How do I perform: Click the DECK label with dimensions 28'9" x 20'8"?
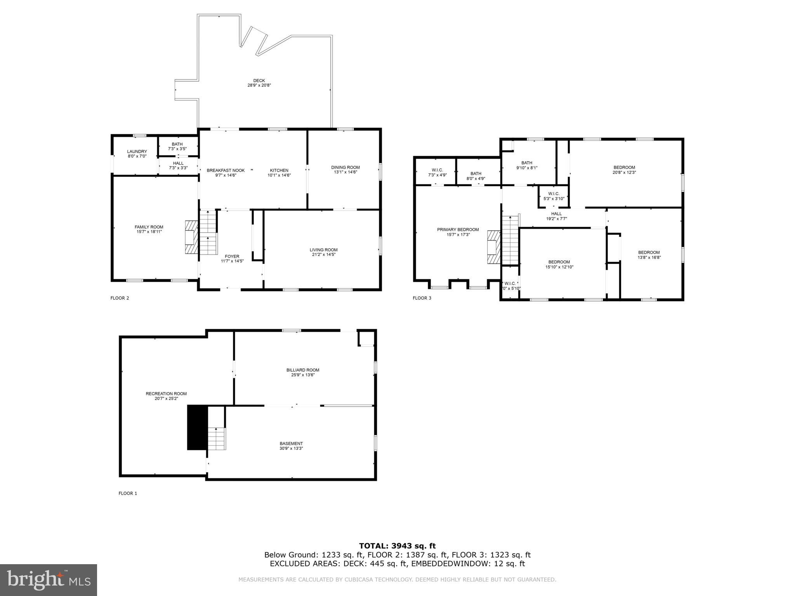point(259,83)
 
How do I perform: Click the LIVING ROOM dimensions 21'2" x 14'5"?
point(323,255)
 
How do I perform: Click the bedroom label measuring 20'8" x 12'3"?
point(624,170)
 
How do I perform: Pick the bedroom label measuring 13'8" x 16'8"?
point(649,255)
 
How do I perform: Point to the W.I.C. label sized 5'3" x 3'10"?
point(554,196)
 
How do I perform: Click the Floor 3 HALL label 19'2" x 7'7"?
point(556,216)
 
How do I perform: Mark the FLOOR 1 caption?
point(128,494)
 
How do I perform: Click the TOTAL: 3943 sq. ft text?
point(397,546)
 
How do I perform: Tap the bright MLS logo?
point(49,580)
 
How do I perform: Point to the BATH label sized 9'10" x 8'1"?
point(527,165)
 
